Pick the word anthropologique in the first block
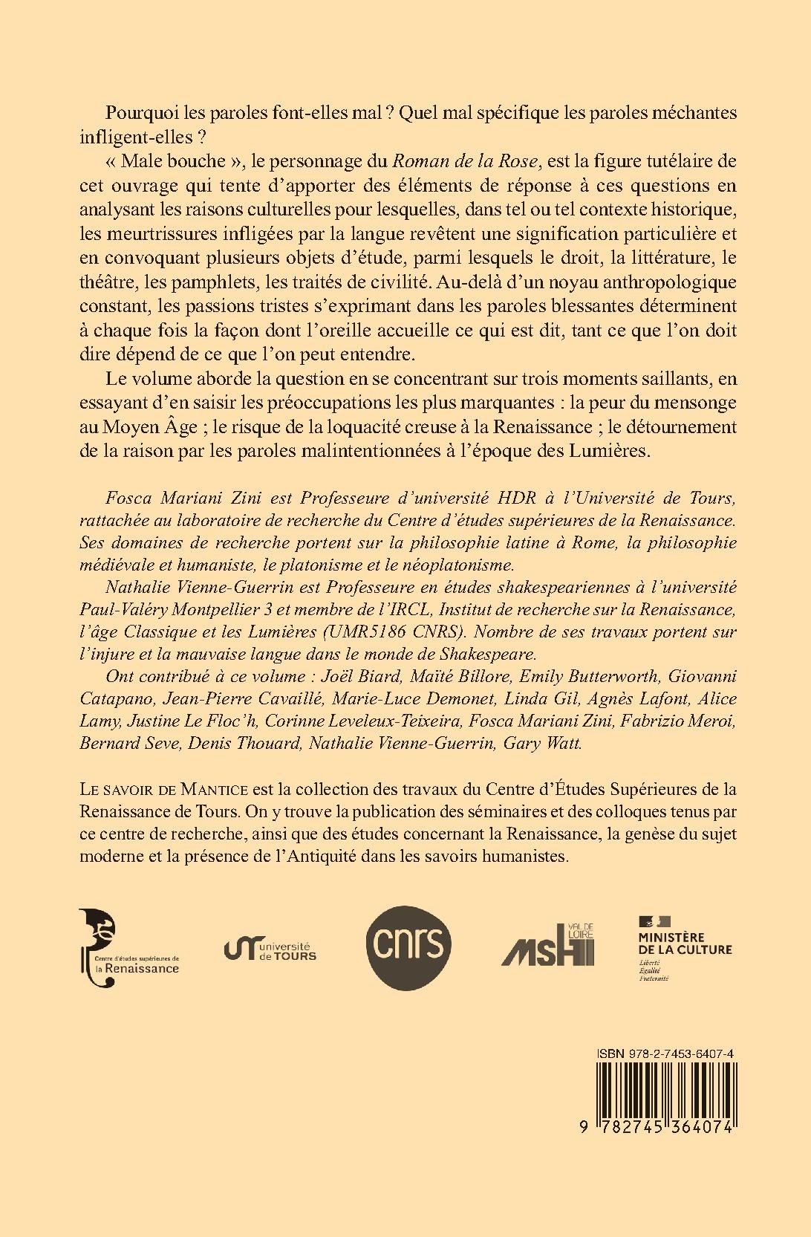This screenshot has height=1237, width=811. [x=668, y=284]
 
